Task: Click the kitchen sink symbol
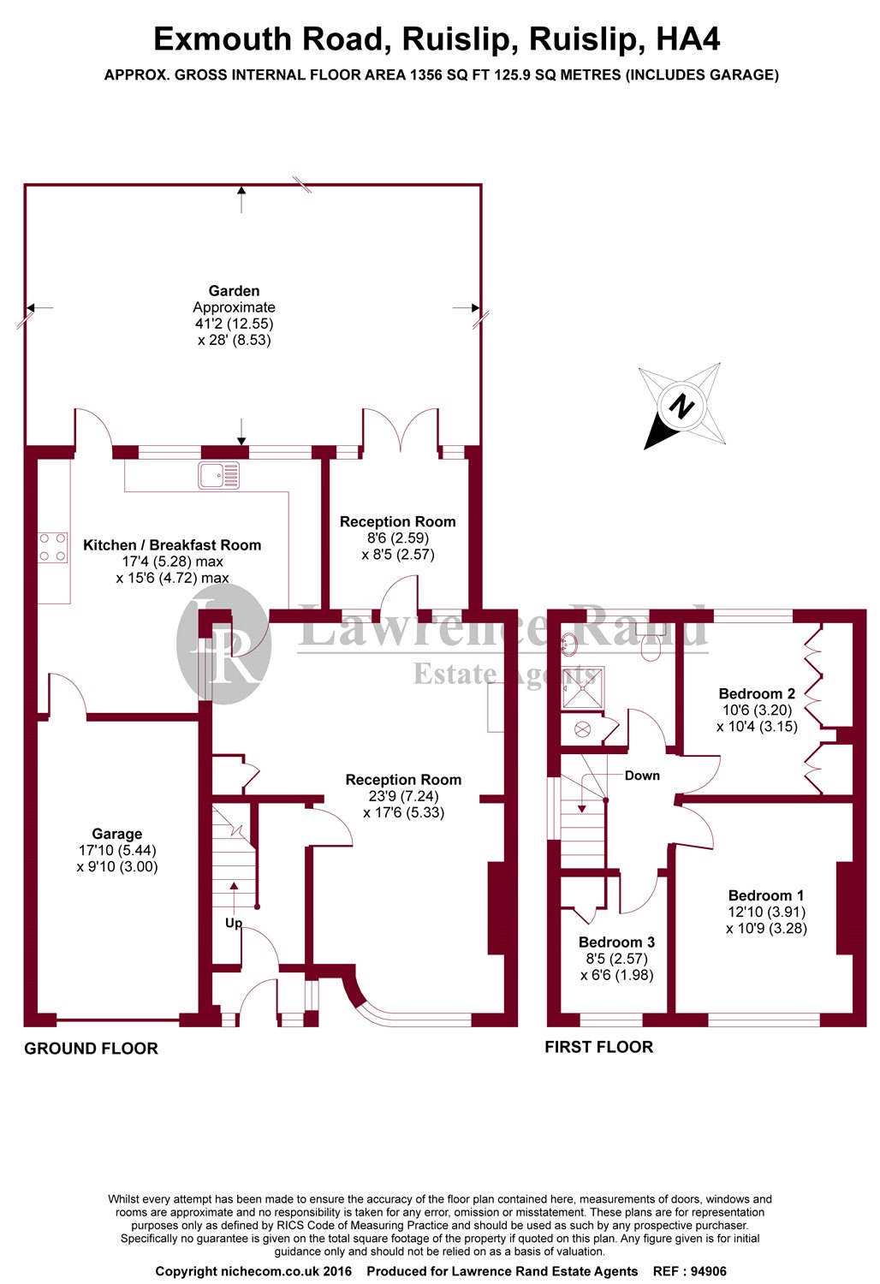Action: tap(218, 475)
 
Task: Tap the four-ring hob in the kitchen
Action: tap(53, 548)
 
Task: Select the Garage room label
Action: tap(117, 834)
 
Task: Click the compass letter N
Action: tap(681, 405)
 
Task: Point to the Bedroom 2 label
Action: tap(757, 693)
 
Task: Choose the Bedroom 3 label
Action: tap(616, 942)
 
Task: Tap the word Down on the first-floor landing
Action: tap(642, 776)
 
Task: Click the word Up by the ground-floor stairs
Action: tap(234, 923)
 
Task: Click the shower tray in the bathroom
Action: tap(583, 687)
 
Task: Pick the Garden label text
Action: tap(234, 291)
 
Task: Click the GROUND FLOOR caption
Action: tap(91, 1049)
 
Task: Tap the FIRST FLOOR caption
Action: tap(598, 1047)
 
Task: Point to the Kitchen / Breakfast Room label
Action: tap(172, 545)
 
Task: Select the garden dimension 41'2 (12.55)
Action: tap(234, 324)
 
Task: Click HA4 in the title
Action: tap(687, 39)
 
